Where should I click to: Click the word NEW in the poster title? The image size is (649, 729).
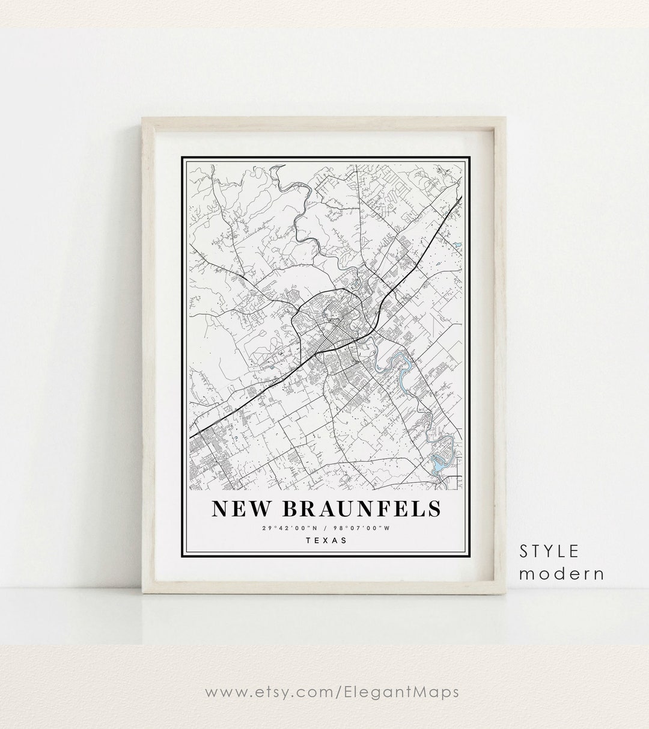point(240,509)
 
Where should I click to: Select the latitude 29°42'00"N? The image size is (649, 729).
point(290,528)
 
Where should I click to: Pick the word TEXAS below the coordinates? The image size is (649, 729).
point(326,540)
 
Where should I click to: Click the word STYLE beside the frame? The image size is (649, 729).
point(549,551)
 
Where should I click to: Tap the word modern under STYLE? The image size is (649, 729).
point(562,573)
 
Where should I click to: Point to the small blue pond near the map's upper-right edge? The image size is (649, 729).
point(457,245)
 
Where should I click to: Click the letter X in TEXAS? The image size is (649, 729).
point(326,540)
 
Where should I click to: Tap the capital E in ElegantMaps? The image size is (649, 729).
point(360,692)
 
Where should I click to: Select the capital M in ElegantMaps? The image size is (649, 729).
point(413,692)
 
